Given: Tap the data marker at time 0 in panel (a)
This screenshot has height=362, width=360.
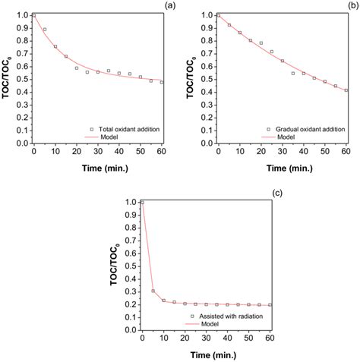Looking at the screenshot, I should [x=33, y=15].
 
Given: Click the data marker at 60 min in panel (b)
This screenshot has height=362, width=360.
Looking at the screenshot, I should [x=346, y=90].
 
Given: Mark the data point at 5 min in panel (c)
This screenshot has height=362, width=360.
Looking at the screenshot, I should [x=153, y=291].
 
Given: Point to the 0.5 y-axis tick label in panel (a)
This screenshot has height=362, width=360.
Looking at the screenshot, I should [x=23, y=79].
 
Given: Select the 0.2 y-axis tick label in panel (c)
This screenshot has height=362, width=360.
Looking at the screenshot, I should [x=131, y=304].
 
